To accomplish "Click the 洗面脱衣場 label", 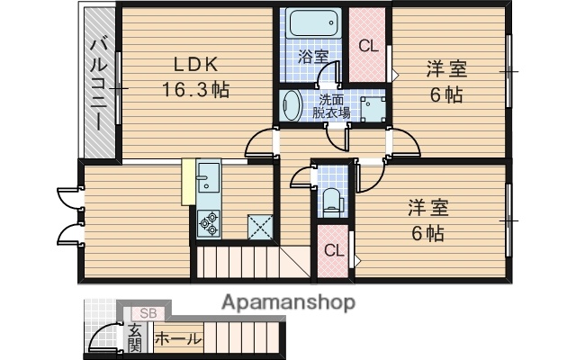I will (x=329, y=105).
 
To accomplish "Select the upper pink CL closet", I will (x=367, y=46).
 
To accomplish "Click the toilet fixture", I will (x=331, y=199).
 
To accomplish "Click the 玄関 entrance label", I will (x=134, y=337).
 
